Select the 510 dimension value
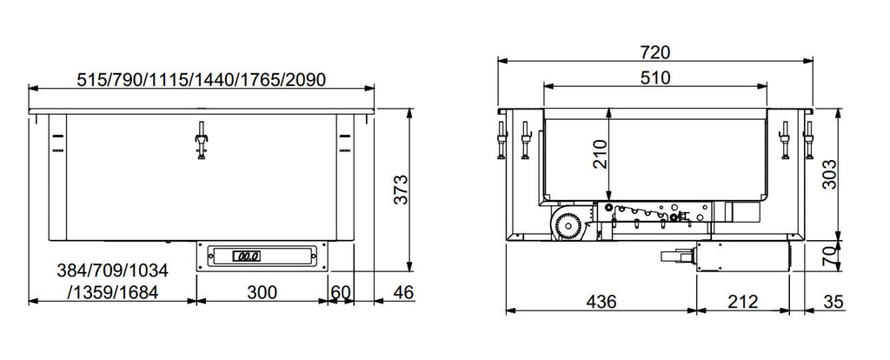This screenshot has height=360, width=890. [x=656, y=77]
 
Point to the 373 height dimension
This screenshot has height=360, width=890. [x=399, y=189]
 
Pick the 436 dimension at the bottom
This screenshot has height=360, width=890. [x=601, y=302]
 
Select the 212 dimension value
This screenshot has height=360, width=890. [x=741, y=302]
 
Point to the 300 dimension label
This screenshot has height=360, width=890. [x=260, y=292]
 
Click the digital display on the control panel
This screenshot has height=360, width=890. [x=247, y=256]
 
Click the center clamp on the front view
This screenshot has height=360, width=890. [x=201, y=138]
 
